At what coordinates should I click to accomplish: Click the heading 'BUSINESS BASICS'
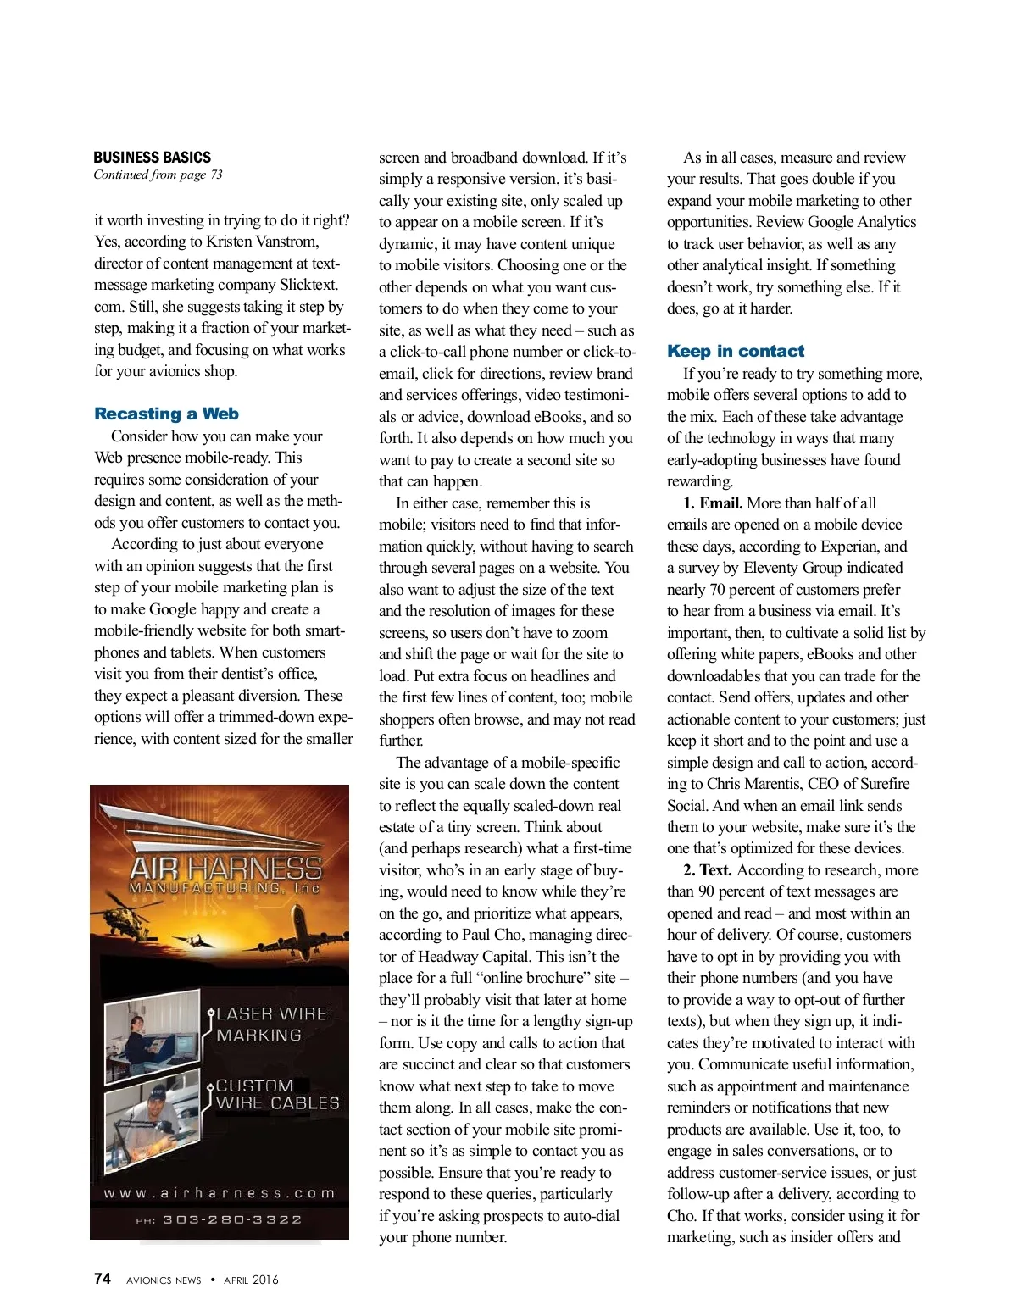tap(152, 157)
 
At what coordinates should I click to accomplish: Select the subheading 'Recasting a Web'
tap(166, 414)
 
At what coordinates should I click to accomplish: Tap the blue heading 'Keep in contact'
tap(735, 351)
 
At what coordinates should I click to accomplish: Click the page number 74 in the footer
tap(102, 1279)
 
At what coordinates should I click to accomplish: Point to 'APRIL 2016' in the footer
tap(251, 1280)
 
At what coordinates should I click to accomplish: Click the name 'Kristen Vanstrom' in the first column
tap(262, 242)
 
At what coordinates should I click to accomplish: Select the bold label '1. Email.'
tap(713, 503)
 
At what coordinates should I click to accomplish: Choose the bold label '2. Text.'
tap(708, 870)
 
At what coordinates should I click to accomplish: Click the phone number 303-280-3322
tap(231, 1219)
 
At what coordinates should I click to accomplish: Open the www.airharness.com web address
tap(220, 1192)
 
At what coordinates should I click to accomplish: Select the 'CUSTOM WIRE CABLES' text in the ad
tap(276, 1094)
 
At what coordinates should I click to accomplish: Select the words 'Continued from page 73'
tap(158, 175)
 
